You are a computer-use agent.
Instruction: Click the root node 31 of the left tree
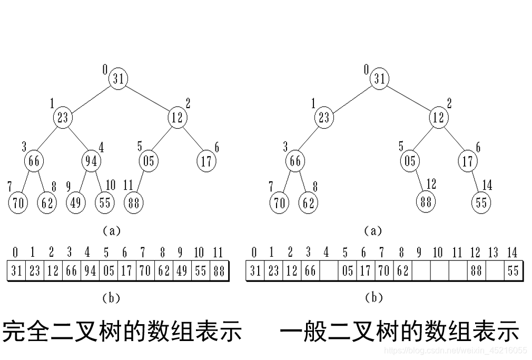coord(119,79)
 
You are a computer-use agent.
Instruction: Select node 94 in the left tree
coord(92,160)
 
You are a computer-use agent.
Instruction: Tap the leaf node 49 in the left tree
coord(76,202)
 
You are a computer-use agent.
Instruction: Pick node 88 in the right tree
coord(427,201)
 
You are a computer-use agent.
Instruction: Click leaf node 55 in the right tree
coord(481,202)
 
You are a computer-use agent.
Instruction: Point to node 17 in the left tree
coord(206,160)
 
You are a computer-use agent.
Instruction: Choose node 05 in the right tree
coord(410,160)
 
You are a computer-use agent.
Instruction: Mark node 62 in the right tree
coord(309,202)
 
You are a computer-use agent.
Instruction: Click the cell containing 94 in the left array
coord(90,271)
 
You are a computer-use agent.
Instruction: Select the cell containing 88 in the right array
coord(476,271)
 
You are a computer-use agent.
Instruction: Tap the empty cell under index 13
coord(494,271)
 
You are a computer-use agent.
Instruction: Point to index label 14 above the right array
coord(511,252)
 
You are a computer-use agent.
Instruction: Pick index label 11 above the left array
coord(218,252)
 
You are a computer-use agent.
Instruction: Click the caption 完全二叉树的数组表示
coord(122,332)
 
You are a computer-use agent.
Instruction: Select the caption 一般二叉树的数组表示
coord(399,332)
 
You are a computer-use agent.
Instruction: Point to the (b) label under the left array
coord(111,298)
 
